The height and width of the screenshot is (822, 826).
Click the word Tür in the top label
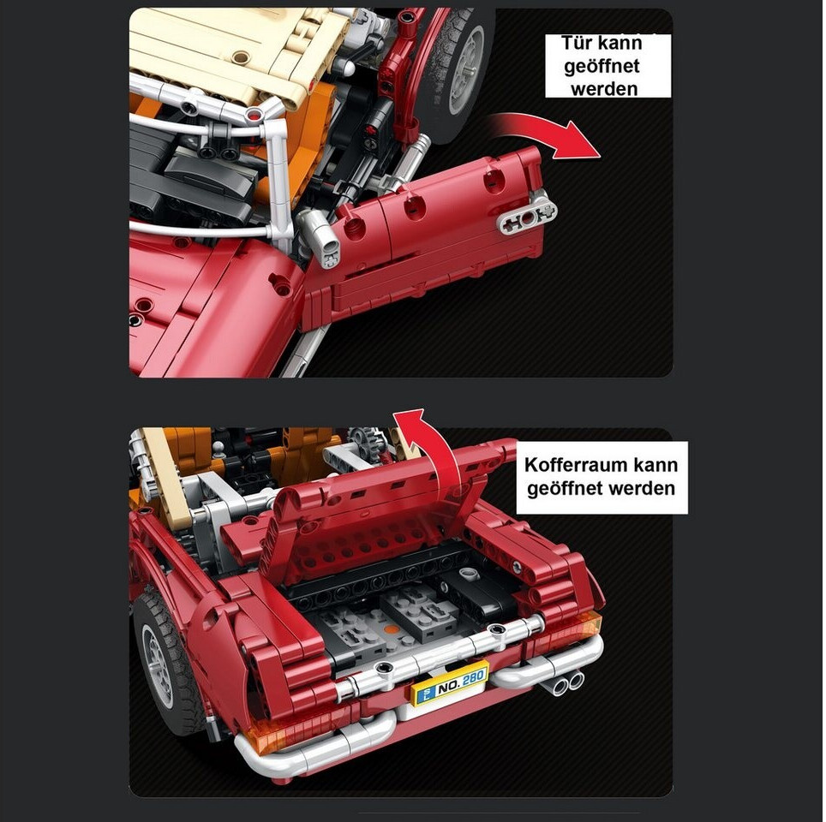(x=577, y=43)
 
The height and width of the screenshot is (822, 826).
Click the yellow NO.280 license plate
(x=451, y=683)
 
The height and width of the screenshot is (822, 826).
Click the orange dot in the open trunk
(x=389, y=628)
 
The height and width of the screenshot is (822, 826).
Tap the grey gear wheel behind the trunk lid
(x=363, y=438)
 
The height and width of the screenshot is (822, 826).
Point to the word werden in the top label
(x=604, y=89)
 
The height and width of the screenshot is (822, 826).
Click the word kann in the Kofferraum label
(x=655, y=465)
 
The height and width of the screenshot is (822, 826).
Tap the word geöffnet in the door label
(x=602, y=66)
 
